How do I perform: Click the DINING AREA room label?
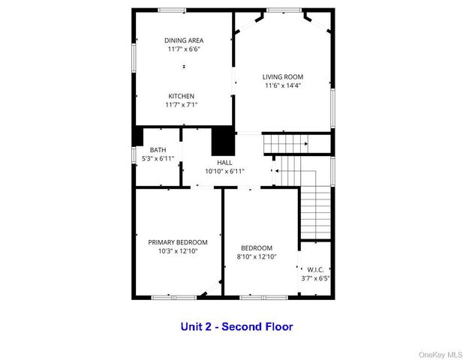(184, 40)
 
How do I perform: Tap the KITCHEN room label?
(181, 96)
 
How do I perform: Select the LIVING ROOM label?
(282, 76)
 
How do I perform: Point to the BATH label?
(158, 150)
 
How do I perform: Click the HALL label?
(225, 162)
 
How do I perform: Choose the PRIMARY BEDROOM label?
(177, 242)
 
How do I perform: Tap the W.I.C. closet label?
(315, 269)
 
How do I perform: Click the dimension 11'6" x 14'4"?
(282, 85)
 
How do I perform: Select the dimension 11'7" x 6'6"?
(184, 49)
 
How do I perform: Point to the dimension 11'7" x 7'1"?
(181, 105)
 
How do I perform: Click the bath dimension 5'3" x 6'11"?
(158, 158)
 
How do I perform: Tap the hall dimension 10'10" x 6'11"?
(225, 171)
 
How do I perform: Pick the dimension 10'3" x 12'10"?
(177, 251)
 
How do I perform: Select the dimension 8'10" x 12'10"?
(257, 256)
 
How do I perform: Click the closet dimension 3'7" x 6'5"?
(315, 278)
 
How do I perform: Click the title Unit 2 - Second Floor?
(236, 326)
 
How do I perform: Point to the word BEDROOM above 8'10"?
(257, 247)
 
